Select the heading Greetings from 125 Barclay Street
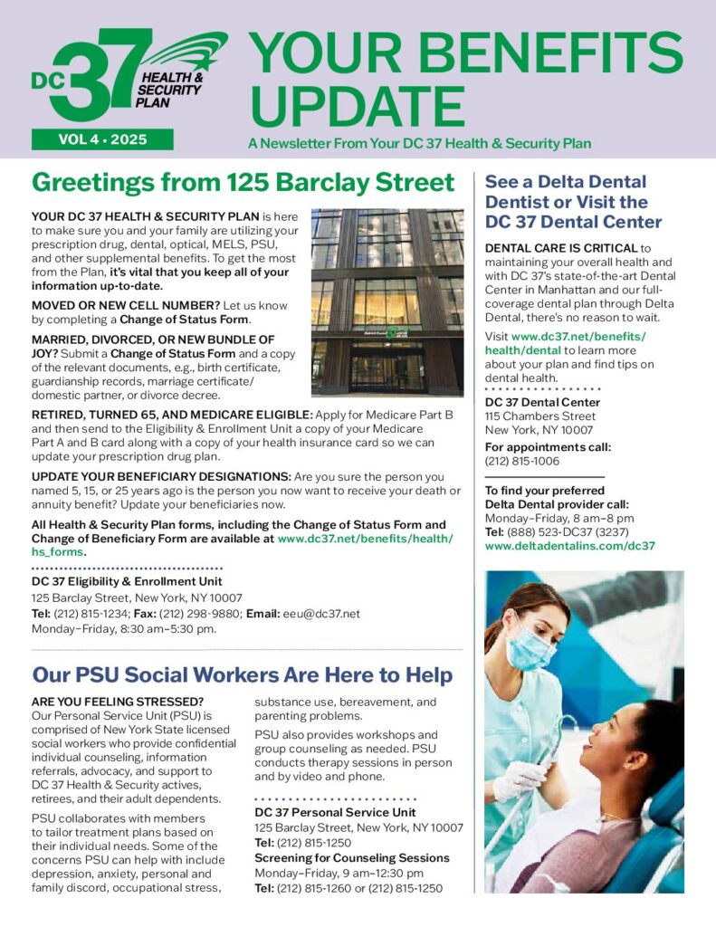243,183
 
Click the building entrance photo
387,301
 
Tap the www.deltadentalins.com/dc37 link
569,546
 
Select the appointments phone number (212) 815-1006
521,461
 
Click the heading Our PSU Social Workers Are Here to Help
243,674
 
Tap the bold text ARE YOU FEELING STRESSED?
118,702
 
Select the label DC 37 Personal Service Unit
335,813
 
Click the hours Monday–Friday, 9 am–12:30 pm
339,873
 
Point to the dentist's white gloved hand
524,779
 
